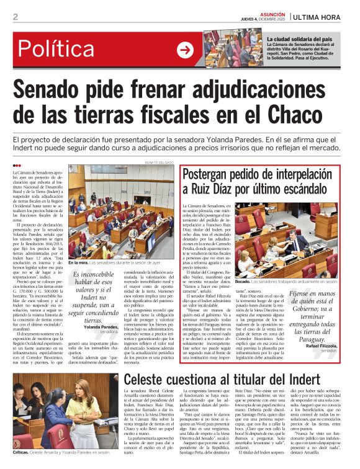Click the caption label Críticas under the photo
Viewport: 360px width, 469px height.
click(23, 453)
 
